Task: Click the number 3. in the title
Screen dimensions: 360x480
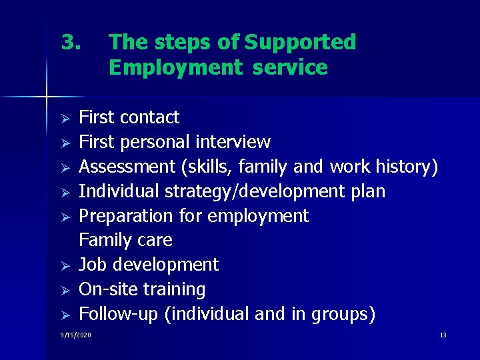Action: (71, 43)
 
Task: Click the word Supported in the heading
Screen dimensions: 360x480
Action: (300, 43)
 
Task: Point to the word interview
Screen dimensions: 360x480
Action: (233, 142)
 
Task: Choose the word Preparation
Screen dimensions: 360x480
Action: (126, 216)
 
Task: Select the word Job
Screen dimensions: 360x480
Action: (92, 265)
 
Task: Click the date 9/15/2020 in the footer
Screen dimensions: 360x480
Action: (75, 335)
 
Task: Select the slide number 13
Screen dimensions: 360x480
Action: (443, 335)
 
